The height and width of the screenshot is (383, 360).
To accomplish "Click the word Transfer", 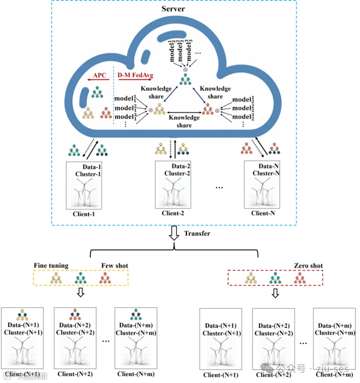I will (197, 233).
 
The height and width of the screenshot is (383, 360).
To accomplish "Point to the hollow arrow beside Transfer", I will (174, 234).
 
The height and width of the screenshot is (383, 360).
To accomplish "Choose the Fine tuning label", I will (51, 266).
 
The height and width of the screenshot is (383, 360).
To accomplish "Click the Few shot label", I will (115, 266).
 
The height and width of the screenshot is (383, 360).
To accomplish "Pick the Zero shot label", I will (308, 266).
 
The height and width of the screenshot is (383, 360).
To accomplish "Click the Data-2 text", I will (181, 167).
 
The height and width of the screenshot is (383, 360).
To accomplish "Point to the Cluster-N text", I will (266, 173).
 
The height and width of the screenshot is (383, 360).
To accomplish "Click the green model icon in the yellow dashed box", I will (80, 278).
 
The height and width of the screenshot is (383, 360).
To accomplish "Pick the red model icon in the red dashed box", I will (300, 278).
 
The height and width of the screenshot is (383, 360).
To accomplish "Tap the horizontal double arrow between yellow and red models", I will (184, 113).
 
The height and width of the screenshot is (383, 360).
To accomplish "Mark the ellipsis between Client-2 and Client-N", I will (219, 187).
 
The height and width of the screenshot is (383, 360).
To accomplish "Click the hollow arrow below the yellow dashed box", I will (80, 293).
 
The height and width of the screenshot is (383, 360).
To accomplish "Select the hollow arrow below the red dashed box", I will (275, 293).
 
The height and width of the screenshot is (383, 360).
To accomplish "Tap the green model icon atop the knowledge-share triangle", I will (185, 80).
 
